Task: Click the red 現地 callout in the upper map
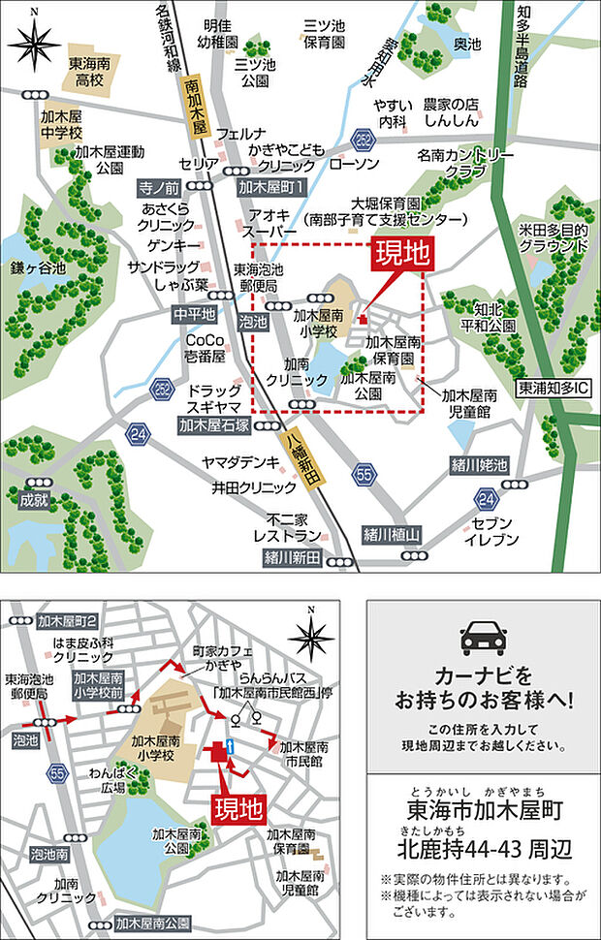tap(400, 256)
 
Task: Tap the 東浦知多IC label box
tap(554, 386)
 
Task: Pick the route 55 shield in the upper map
tap(364, 474)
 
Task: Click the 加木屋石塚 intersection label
tap(214, 424)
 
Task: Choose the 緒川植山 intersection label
tap(391, 534)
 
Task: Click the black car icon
tap(483, 638)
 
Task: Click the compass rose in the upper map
tap(34, 43)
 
